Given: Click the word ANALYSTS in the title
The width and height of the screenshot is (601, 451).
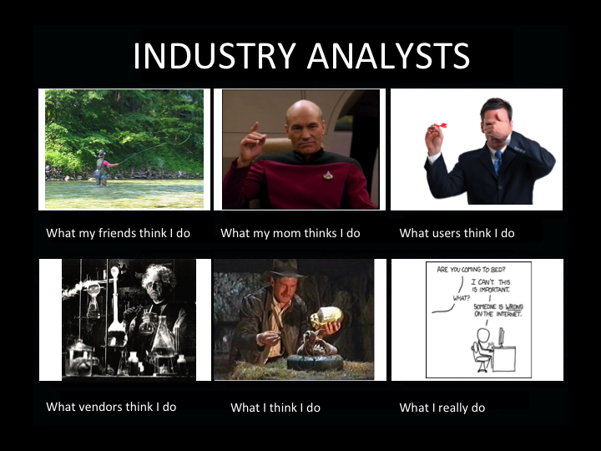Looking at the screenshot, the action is (x=388, y=56).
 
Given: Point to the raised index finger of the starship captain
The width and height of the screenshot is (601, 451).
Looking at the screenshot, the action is (x=255, y=128).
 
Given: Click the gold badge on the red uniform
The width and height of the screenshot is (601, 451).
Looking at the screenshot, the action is (x=328, y=175).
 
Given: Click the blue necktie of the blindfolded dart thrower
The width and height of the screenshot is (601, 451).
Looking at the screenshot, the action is (x=497, y=163).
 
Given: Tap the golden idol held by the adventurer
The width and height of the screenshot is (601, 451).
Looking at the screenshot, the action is (x=326, y=317).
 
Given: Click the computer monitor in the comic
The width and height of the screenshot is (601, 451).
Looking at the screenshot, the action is (x=501, y=337).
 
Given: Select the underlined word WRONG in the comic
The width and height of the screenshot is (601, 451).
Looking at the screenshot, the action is (x=514, y=307).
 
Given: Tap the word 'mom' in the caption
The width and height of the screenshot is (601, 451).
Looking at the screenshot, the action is (x=283, y=233).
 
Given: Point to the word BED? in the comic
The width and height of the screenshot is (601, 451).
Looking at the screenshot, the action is (x=497, y=269).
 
